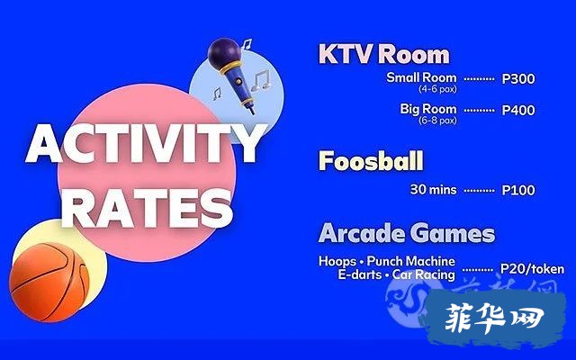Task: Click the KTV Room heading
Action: pyautogui.click(x=384, y=54)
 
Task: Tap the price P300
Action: pyautogui.click(x=518, y=78)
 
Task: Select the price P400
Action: pyautogui.click(x=518, y=110)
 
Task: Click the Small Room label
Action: pyautogui.click(x=421, y=77)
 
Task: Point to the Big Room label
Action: pyautogui.click(x=428, y=109)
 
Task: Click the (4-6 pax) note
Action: pyautogui.click(x=437, y=89)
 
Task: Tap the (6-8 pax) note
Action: pyautogui.click(x=437, y=120)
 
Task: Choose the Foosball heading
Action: pyautogui.click(x=371, y=160)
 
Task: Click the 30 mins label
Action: pyautogui.click(x=433, y=190)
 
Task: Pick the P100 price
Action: pyautogui.click(x=518, y=190)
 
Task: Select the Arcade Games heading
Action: pyautogui.click(x=407, y=232)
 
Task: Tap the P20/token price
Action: pyautogui.click(x=532, y=269)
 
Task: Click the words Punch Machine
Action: pyautogui.click(x=411, y=261)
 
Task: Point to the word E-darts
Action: pyautogui.click(x=360, y=274)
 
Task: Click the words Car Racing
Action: pyautogui.click(x=424, y=274)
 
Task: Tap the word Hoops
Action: pyautogui.click(x=337, y=261)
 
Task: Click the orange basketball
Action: pyautogui.click(x=49, y=282)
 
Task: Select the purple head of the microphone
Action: pyautogui.click(x=224, y=53)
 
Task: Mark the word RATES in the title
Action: pyautogui.click(x=148, y=207)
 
